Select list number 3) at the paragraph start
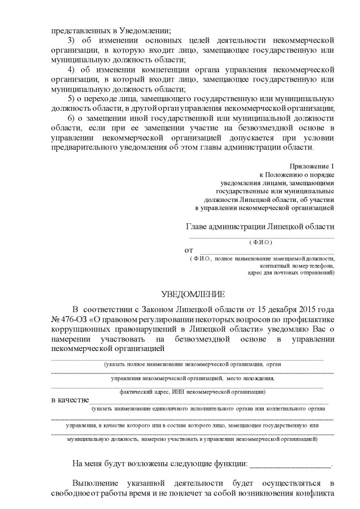[71, 40]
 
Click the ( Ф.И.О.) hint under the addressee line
[260, 242]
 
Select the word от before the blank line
[189, 250]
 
